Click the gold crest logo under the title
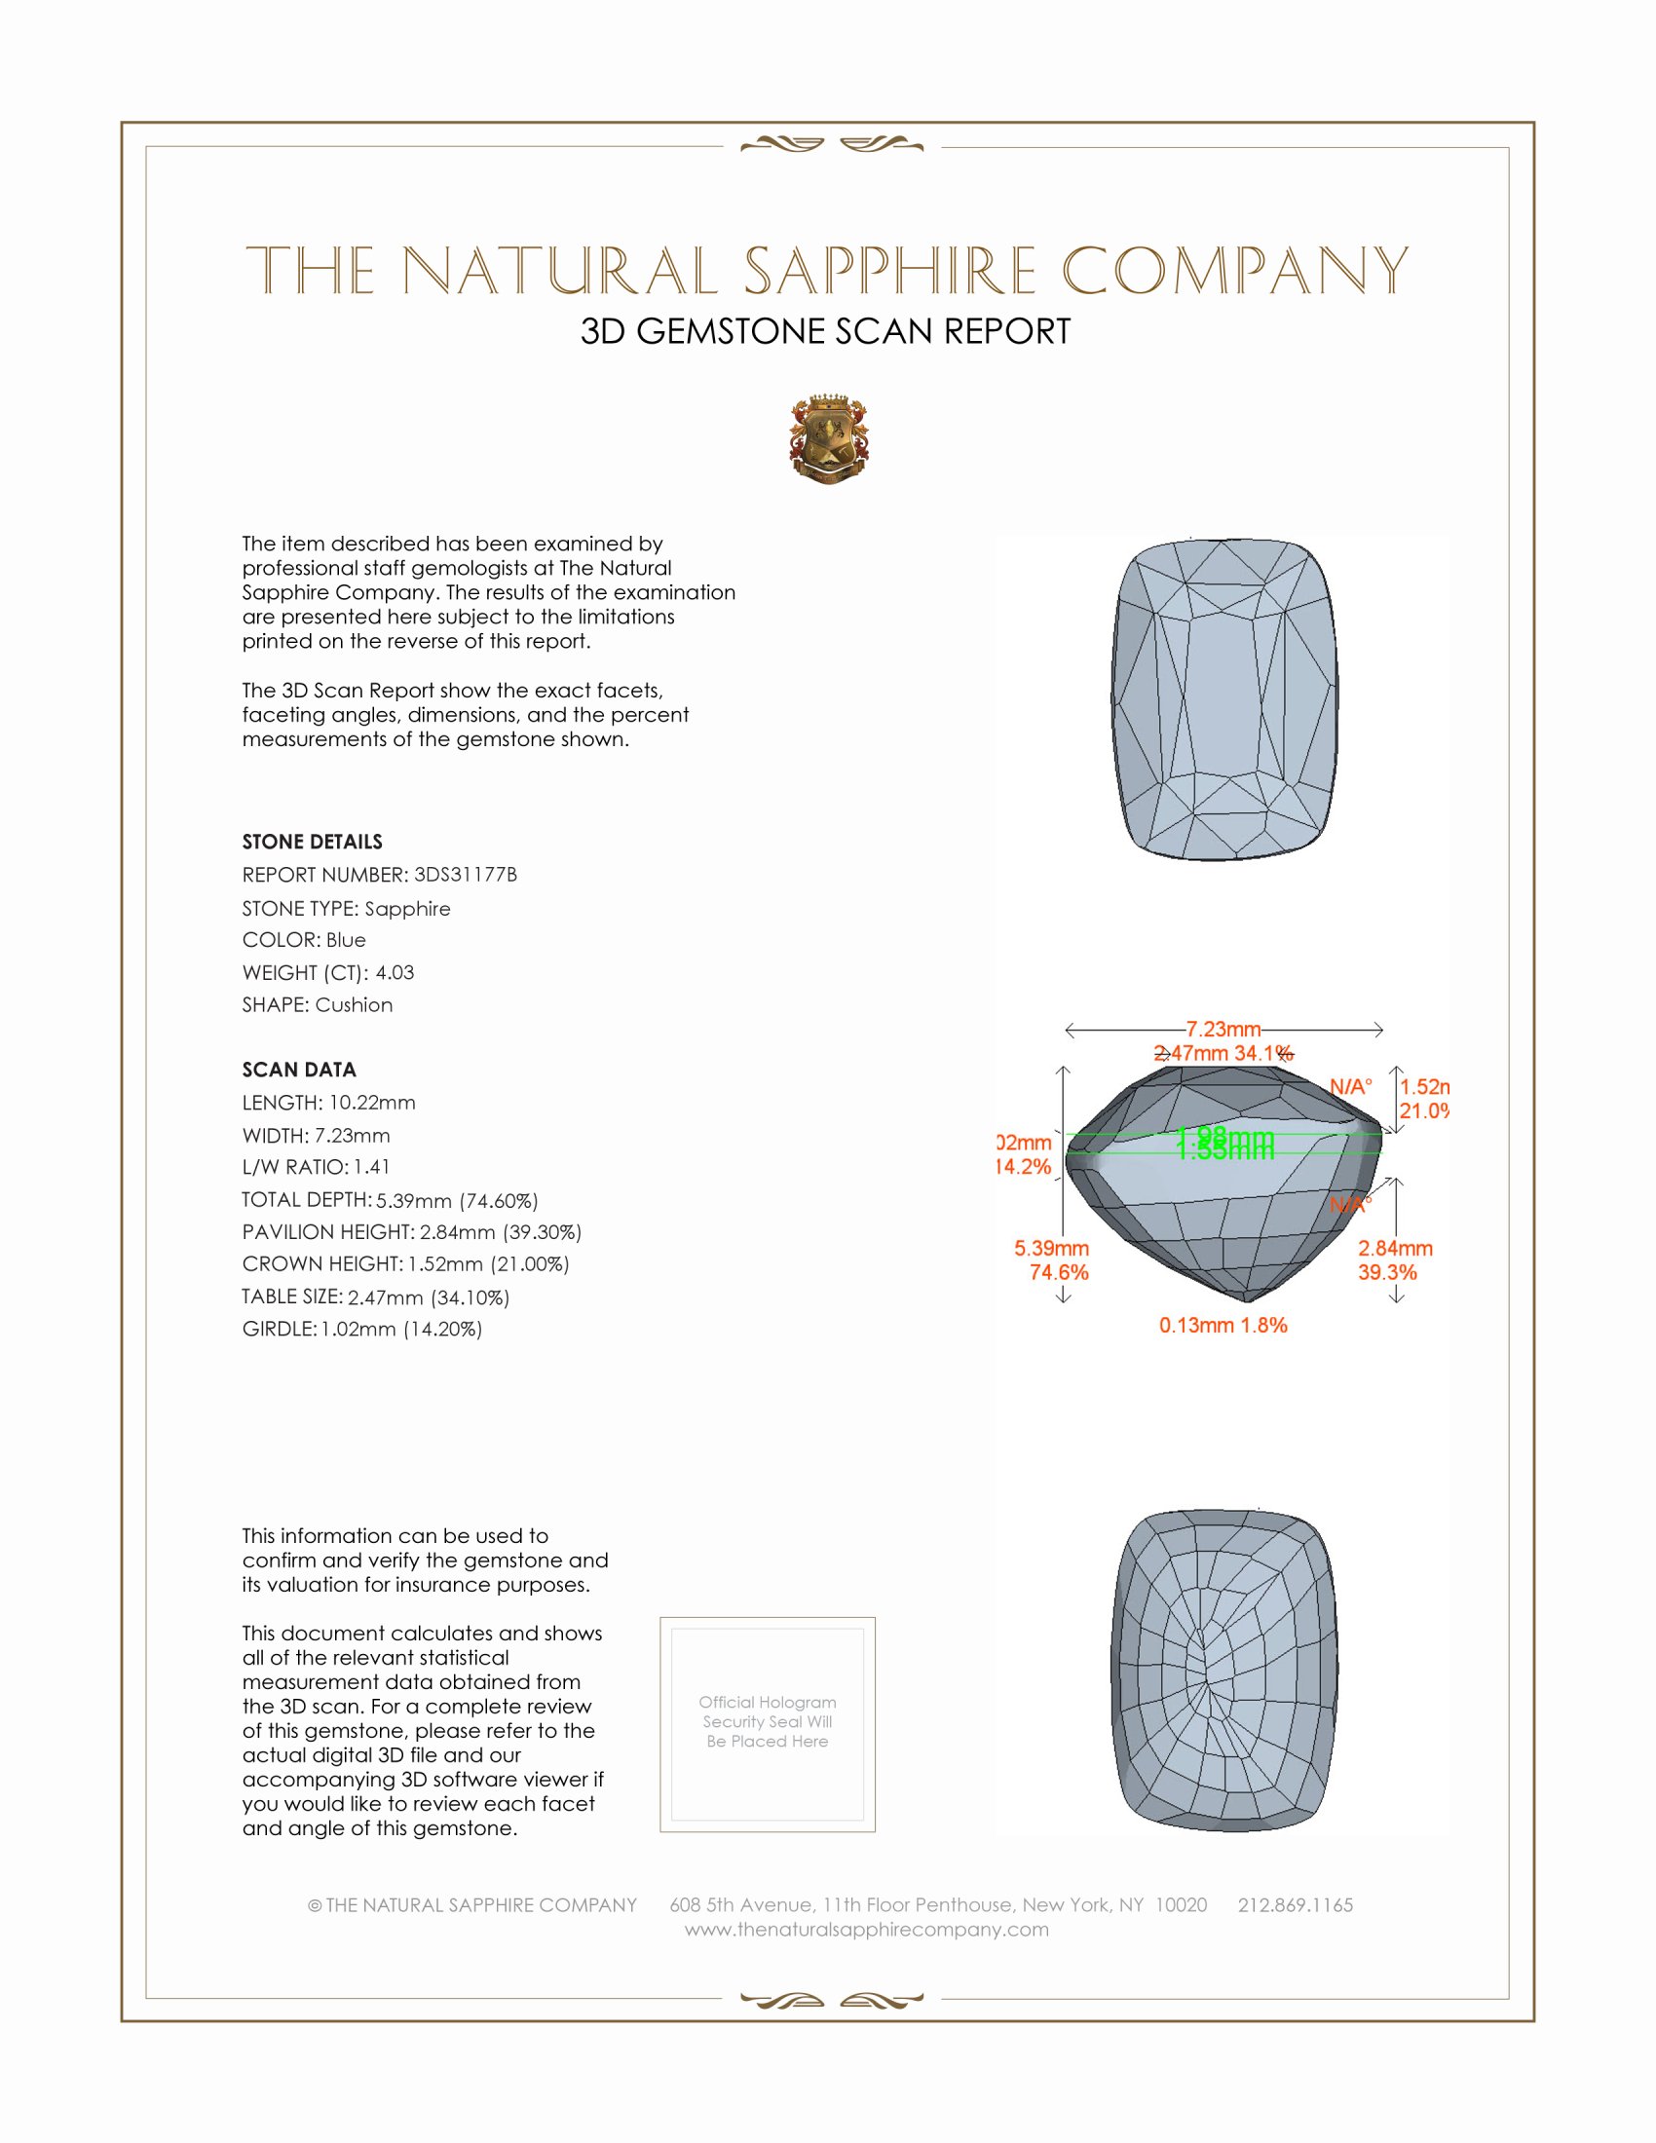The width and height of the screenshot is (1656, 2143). pos(829,438)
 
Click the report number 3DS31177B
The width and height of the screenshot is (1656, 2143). pos(465,875)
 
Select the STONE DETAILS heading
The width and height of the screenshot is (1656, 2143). pos(312,842)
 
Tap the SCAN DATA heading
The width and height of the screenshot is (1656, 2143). pos(299,1070)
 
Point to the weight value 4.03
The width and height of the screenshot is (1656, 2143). pos(395,972)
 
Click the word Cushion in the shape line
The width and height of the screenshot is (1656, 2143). pos(355,1005)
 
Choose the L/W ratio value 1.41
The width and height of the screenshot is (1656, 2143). pos(372,1167)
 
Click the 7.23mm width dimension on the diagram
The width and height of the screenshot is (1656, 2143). pos(1223,1030)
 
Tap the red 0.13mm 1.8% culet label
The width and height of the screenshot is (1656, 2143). pos(1223,1325)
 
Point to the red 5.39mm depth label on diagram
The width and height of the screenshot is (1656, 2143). pos(1052,1248)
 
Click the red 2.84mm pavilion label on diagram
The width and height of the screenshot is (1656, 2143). pos(1395,1248)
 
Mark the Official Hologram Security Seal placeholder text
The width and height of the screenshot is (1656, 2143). pos(768,1721)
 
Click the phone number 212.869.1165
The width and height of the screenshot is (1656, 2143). pos(1295,1904)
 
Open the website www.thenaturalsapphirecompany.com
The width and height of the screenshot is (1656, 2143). pos(866,1929)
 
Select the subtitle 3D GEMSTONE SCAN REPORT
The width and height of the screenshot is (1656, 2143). pos(825,331)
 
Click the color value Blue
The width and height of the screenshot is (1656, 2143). pos(346,940)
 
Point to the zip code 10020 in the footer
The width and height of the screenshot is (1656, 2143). pos(1182,1904)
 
